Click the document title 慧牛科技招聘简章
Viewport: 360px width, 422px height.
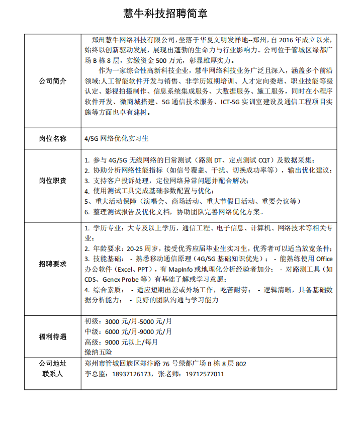(165, 14)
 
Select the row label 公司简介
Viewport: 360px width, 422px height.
(53, 81)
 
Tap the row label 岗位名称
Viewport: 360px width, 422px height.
(53, 138)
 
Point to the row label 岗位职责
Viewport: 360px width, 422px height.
(53, 181)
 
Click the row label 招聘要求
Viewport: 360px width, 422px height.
(53, 264)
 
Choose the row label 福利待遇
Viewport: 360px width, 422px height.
(53, 336)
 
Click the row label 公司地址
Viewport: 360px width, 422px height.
(53, 364)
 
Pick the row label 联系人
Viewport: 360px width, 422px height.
(53, 374)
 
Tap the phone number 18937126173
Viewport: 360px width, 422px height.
(132, 374)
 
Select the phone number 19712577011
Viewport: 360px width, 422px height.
(205, 374)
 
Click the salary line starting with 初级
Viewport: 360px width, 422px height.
(128, 321)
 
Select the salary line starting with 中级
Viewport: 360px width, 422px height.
(128, 331)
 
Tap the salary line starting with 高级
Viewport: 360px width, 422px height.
(121, 342)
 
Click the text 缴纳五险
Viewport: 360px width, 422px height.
(99, 352)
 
